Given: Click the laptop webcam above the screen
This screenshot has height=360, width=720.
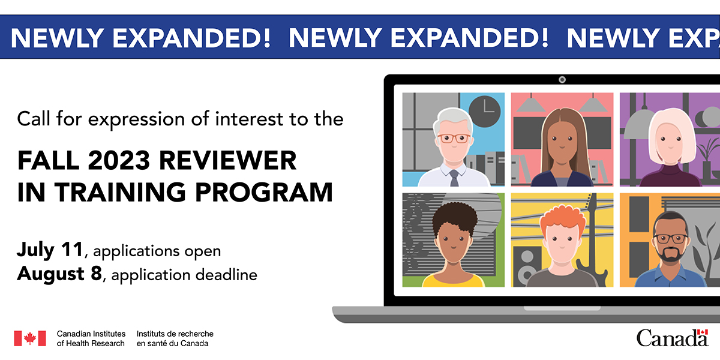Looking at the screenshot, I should [562, 79].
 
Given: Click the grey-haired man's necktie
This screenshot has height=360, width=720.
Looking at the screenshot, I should [454, 177].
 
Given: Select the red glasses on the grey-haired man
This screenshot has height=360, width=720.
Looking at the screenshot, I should [453, 138].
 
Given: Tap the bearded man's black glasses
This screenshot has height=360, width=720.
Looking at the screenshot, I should [671, 238].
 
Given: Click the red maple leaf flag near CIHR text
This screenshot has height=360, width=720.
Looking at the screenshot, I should [30, 338].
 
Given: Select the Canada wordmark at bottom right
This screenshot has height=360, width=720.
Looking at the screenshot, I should [673, 338].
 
